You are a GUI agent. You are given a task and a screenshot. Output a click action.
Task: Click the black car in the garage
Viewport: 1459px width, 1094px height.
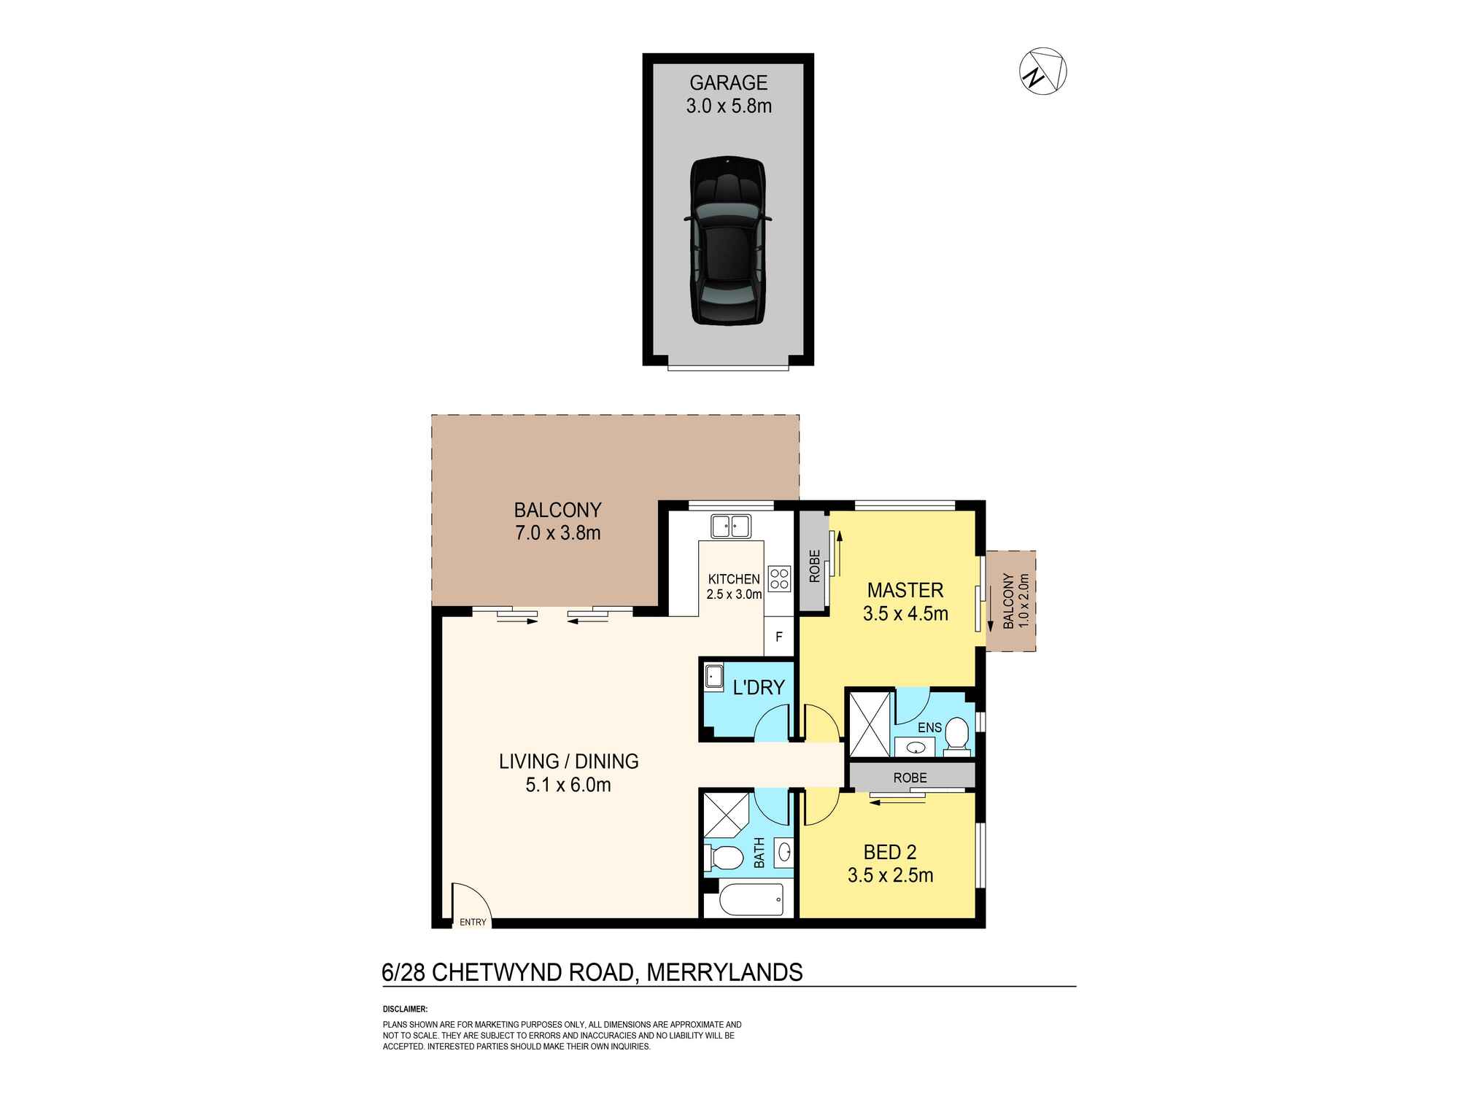pyautogui.click(x=728, y=241)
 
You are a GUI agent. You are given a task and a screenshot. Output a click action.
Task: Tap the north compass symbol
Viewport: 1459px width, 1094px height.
pyautogui.click(x=1042, y=72)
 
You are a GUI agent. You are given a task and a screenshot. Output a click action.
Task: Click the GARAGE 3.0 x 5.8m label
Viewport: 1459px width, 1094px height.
pyautogui.click(x=728, y=94)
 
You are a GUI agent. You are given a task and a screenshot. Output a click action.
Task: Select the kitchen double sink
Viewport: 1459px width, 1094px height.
pyautogui.click(x=731, y=526)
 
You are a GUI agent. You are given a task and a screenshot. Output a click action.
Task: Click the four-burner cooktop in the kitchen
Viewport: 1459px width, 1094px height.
pyautogui.click(x=779, y=578)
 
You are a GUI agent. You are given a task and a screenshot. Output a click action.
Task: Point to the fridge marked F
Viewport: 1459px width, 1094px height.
pyautogui.click(x=779, y=637)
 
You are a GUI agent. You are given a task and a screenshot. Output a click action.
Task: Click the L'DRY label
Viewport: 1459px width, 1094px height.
pyautogui.click(x=759, y=687)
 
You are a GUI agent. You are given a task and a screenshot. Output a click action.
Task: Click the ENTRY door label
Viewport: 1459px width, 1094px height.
pyautogui.click(x=473, y=922)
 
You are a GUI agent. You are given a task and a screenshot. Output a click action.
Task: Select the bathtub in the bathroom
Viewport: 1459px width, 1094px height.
pyautogui.click(x=751, y=899)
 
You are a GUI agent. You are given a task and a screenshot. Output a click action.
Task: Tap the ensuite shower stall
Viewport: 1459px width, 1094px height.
pyautogui.click(x=869, y=723)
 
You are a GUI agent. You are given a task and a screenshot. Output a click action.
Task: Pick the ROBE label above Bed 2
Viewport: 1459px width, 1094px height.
pyautogui.click(x=910, y=777)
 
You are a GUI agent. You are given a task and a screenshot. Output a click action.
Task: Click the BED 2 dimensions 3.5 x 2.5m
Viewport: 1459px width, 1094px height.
pyautogui.click(x=890, y=875)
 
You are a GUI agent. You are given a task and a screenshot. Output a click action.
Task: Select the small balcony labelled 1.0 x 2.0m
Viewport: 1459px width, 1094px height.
pyautogui.click(x=1010, y=601)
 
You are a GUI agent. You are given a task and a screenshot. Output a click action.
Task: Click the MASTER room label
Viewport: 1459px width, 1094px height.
pyautogui.click(x=905, y=590)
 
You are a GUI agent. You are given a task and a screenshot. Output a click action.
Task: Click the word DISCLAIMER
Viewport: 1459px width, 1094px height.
pyautogui.click(x=405, y=1009)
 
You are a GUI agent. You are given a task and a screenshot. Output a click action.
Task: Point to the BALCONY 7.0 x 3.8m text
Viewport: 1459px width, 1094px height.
pyautogui.click(x=557, y=521)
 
